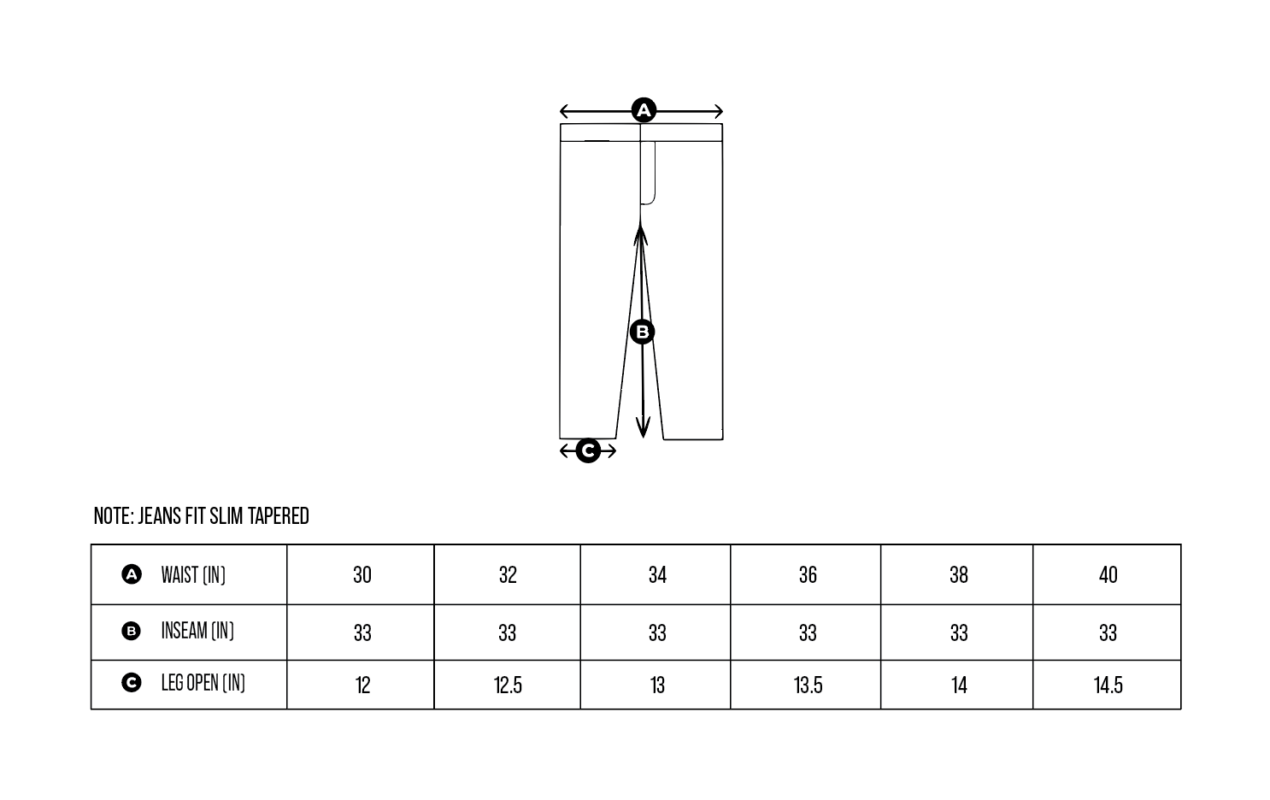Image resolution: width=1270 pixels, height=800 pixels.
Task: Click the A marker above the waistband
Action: point(644,110)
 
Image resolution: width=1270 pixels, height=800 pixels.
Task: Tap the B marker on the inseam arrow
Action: point(642,332)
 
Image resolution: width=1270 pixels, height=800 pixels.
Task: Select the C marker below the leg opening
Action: point(588,450)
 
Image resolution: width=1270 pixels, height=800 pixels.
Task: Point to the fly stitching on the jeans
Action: point(650,175)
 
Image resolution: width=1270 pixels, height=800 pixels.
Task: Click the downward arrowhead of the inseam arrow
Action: point(643,428)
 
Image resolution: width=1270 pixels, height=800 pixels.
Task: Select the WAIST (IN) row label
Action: point(193,574)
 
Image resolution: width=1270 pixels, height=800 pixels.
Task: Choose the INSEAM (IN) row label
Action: point(197,631)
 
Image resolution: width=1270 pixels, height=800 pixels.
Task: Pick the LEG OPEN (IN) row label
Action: point(203,683)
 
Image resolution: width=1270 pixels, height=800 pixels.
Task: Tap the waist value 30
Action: point(362,574)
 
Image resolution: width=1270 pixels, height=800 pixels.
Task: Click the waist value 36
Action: point(808,574)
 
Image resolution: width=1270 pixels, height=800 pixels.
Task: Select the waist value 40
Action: point(1108,574)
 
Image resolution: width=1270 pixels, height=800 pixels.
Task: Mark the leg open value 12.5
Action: point(508,685)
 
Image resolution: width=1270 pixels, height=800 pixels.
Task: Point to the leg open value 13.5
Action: point(808,685)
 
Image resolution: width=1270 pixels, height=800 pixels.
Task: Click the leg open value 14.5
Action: point(1108,685)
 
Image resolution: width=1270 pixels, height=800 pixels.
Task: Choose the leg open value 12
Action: point(362,685)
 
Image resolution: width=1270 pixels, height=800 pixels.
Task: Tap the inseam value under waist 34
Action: point(657,632)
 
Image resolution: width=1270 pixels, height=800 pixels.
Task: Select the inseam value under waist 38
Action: point(959,632)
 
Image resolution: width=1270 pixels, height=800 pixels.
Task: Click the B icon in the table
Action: point(131,632)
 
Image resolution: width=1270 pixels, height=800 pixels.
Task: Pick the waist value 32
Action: point(508,574)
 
